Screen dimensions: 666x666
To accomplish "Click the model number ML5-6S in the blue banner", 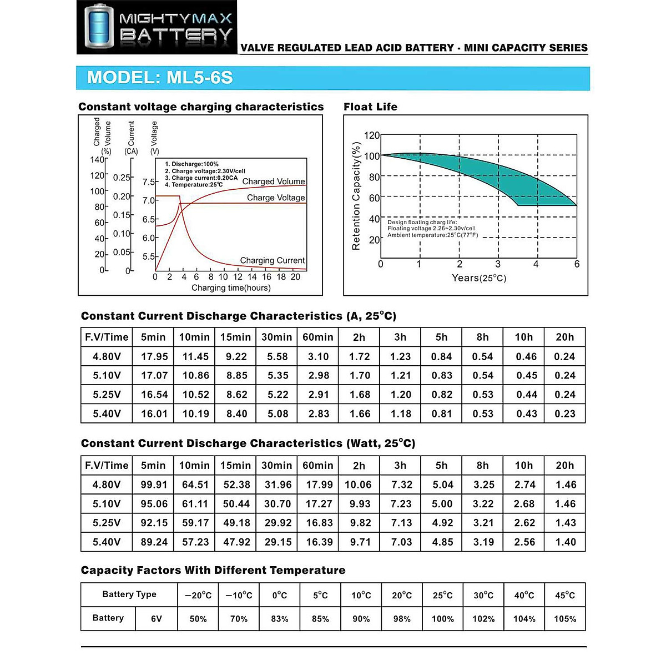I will (x=200, y=77).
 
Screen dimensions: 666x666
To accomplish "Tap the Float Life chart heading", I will (x=370, y=107).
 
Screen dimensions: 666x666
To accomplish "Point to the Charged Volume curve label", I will (x=274, y=181).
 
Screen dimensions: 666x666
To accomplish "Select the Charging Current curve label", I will (x=272, y=260).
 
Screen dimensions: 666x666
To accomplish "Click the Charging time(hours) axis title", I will (x=231, y=287).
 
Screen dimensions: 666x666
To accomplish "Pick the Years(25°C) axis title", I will (x=478, y=277).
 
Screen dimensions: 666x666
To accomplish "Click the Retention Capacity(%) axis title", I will (x=356, y=196).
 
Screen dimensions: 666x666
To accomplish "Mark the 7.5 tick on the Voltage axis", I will (x=148, y=182).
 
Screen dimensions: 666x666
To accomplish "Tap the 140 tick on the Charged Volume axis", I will (x=97, y=160).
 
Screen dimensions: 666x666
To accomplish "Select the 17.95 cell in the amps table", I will (x=154, y=357).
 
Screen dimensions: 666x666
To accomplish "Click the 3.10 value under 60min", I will (x=318, y=357).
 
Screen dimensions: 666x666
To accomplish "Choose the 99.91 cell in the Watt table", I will (x=154, y=485).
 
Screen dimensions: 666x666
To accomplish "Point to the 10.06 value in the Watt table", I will (x=359, y=485).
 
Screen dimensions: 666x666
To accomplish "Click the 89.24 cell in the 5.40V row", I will (x=154, y=542).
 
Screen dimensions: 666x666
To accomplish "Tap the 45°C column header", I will (x=565, y=596).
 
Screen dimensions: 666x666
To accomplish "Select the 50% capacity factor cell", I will (x=198, y=619).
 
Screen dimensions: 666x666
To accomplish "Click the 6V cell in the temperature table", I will (x=157, y=619).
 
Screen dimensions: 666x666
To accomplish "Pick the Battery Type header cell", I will (x=129, y=594).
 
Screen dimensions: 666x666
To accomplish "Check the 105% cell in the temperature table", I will (x=565, y=619).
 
